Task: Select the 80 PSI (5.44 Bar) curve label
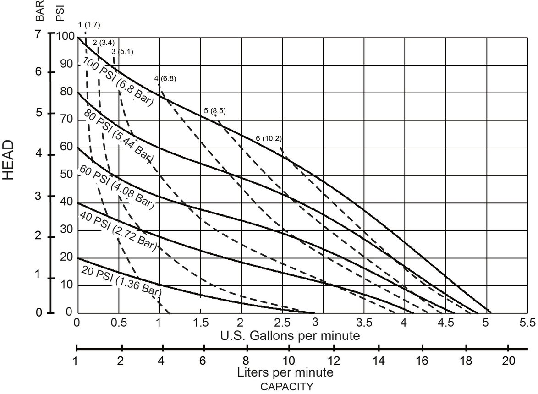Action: [x=118, y=137]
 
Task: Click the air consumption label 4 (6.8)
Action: [x=165, y=78]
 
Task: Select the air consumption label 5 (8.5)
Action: [x=214, y=111]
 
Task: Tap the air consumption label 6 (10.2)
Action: [x=269, y=138]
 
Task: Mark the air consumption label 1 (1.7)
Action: [x=89, y=24]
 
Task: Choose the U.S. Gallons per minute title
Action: [x=290, y=336]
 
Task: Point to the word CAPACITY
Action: [x=287, y=386]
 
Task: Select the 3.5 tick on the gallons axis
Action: [x=364, y=322]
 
